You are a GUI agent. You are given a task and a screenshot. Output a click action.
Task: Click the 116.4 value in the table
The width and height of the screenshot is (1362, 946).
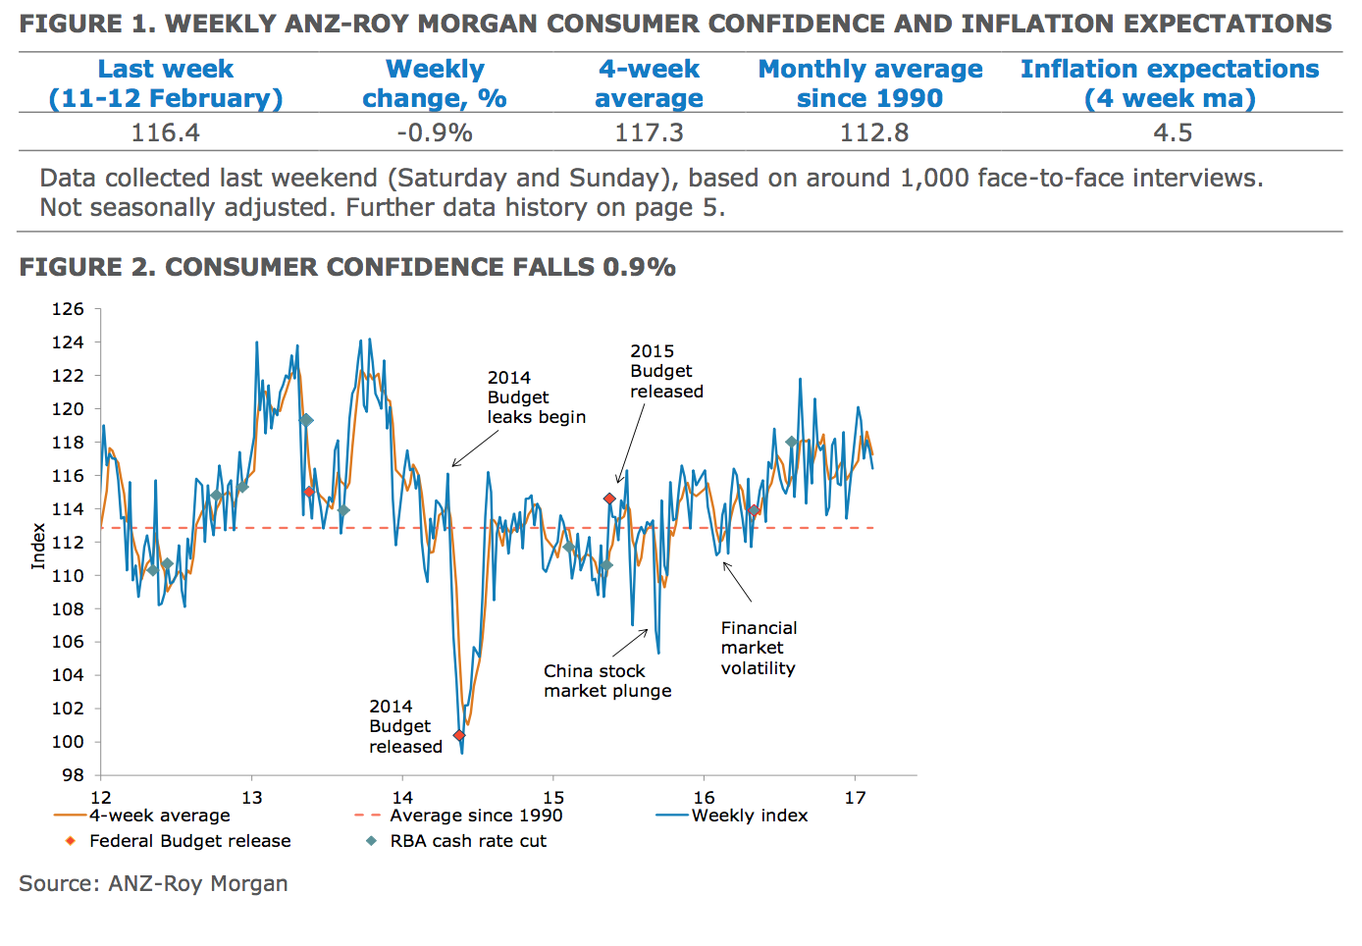pyautogui.click(x=165, y=132)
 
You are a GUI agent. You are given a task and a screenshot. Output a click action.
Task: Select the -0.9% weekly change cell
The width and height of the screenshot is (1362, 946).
pyautogui.click(x=434, y=132)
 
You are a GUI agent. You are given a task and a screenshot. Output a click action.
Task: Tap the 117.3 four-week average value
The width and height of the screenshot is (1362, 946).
pyautogui.click(x=649, y=132)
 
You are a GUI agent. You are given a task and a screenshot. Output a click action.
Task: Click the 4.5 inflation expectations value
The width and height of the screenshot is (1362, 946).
pyautogui.click(x=1173, y=132)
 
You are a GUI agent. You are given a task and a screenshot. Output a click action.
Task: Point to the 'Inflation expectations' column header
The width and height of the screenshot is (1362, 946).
pyautogui.click(x=1170, y=83)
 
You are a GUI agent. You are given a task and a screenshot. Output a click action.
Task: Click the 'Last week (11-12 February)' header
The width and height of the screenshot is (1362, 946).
pyautogui.click(x=165, y=83)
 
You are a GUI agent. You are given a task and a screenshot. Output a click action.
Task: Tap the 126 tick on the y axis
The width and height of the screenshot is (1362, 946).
pyautogui.click(x=68, y=309)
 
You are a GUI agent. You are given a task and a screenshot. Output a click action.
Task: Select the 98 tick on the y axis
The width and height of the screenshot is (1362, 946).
pyautogui.click(x=73, y=775)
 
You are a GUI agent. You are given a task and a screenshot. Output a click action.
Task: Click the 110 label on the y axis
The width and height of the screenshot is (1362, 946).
pyautogui.click(x=68, y=576)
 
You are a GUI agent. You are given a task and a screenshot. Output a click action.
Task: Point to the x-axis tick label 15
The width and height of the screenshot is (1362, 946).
pyautogui.click(x=553, y=798)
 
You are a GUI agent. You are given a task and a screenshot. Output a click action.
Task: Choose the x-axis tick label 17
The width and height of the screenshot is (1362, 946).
pyautogui.click(x=855, y=798)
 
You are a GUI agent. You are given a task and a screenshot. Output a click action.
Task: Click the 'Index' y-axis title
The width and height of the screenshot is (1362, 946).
pyautogui.click(x=38, y=546)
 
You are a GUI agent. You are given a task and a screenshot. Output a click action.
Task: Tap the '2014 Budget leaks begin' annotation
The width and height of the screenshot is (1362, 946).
pyautogui.click(x=536, y=397)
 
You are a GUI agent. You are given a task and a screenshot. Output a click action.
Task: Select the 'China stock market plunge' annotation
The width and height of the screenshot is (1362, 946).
pyautogui.click(x=607, y=681)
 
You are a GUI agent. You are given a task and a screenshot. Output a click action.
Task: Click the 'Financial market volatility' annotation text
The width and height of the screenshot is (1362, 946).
pyautogui.click(x=759, y=648)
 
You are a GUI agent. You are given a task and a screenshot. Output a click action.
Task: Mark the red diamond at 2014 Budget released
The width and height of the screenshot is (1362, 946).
pyautogui.click(x=458, y=735)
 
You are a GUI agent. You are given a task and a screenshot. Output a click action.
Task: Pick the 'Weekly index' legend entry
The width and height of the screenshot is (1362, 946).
pyautogui.click(x=749, y=815)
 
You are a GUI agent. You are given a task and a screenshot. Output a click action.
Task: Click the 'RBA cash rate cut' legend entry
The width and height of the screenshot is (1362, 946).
pyautogui.click(x=467, y=841)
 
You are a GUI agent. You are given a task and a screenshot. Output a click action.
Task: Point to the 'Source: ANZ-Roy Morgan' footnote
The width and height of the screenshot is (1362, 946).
pyautogui.click(x=153, y=883)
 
